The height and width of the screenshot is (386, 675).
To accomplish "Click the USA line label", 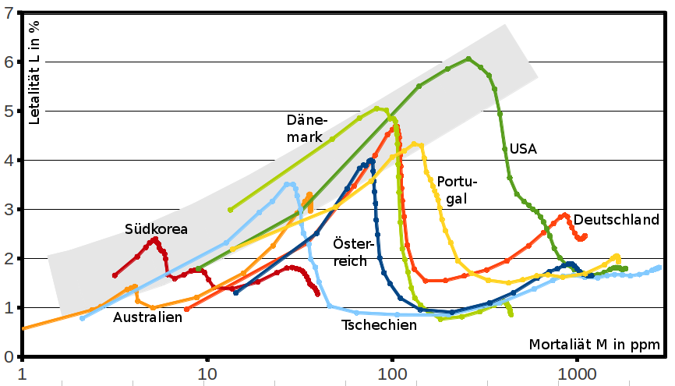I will [x=523, y=149].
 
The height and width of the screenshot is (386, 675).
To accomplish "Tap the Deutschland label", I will [x=617, y=221].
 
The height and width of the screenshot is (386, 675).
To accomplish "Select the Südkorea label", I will [x=157, y=229].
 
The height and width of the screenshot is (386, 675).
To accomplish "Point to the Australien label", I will [x=147, y=317].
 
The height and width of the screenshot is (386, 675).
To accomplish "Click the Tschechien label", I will [x=380, y=325].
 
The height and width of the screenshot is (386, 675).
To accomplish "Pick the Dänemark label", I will [x=309, y=129].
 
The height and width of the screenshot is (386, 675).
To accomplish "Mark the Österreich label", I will [x=349, y=251].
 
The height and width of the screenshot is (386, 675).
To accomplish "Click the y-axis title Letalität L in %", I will [x=34, y=71].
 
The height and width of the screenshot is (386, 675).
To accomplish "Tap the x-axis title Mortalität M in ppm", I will [x=596, y=344].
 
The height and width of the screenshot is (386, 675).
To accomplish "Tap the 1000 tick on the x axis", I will [x=577, y=373].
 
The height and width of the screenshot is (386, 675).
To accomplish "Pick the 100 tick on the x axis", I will [x=392, y=373].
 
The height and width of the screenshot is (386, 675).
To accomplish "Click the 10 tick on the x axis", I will [x=207, y=373].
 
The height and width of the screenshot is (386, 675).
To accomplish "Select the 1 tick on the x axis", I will [x=23, y=373].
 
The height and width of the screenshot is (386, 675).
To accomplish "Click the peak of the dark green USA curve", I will [x=468, y=58].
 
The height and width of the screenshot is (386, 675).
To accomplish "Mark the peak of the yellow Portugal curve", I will [x=414, y=143].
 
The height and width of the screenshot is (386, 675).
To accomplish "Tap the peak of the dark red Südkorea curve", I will [x=155, y=239].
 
